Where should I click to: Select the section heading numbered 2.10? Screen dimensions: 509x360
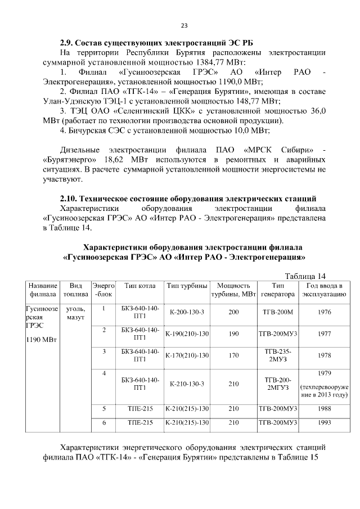click(188, 199)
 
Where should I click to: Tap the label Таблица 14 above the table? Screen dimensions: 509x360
click(305, 276)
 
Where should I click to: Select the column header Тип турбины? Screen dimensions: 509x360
click(187, 285)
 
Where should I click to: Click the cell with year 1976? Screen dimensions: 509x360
click(324, 312)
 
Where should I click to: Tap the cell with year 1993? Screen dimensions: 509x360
click(324, 422)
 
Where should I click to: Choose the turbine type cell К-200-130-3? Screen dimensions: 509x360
click(187, 312)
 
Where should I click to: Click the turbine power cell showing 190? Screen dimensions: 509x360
click(233, 334)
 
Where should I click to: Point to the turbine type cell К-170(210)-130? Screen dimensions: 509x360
click(187, 355)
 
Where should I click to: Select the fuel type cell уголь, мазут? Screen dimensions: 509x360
click(76, 313)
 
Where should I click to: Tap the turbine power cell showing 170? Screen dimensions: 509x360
click(233, 355)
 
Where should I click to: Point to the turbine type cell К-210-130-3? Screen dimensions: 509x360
click(187, 384)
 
